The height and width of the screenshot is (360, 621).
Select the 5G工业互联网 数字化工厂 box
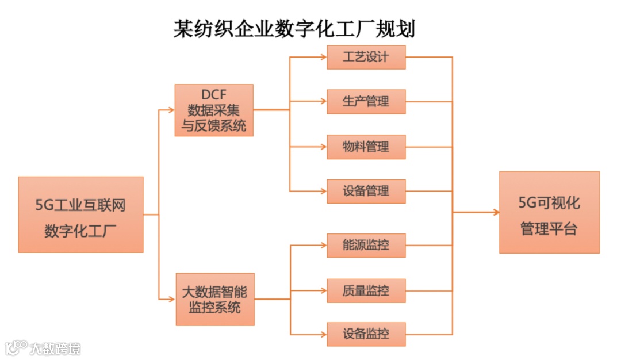coord(80,215)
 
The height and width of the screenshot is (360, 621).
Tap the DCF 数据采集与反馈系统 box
coord(214,110)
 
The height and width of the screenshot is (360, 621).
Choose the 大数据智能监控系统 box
coord(214,300)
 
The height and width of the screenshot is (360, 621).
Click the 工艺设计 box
coord(366,58)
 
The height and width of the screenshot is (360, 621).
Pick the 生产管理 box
coord(366,102)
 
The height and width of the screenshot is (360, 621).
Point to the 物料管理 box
coord(366,147)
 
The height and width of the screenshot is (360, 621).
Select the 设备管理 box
coord(366,191)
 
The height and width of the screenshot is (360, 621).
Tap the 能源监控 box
coord(366,246)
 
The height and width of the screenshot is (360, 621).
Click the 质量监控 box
coord(366,290)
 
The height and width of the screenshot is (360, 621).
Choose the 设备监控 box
coord(366,334)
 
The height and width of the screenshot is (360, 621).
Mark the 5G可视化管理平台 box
coord(549,212)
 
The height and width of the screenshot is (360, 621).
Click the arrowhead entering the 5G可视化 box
coord(495,212)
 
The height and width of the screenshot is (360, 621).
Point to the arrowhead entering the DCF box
coord(171,109)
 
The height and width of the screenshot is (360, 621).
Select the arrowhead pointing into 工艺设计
coord(323,58)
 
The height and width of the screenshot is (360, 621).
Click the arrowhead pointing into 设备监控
coord(323,334)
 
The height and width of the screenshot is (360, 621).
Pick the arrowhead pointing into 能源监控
coord(323,246)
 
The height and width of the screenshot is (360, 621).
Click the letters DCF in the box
coord(214,95)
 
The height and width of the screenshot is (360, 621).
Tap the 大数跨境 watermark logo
coord(43,348)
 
